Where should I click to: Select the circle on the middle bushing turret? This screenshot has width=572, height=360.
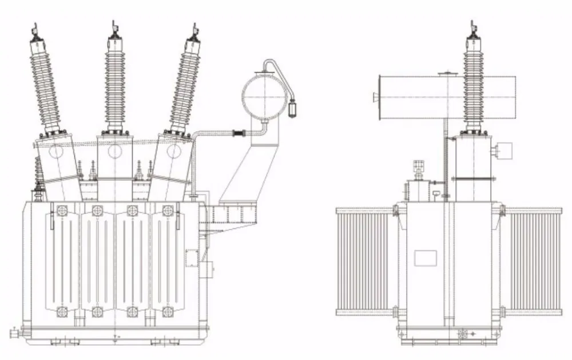coord(114,151)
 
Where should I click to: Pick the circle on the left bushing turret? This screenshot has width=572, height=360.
coord(56,152)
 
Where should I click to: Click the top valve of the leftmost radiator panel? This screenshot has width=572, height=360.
coord(62,210)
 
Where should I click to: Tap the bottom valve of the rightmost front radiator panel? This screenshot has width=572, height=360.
coord(168,312)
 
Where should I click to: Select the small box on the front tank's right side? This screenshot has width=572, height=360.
coord(208,267)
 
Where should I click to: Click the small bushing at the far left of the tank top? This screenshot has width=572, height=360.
coord(39,177)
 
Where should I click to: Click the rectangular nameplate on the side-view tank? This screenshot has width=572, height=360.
coord(425,258)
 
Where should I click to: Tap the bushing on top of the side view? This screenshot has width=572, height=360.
coord(473,80)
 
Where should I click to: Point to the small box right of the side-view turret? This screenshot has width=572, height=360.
coord(505,151)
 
